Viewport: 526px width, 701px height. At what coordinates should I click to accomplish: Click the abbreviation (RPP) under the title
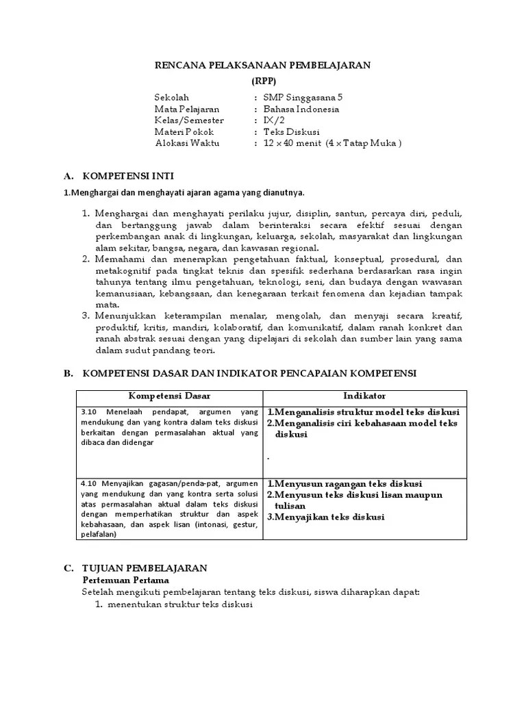262,80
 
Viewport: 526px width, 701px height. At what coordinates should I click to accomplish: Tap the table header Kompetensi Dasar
170,396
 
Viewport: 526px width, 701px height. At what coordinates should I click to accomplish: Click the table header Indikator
364,396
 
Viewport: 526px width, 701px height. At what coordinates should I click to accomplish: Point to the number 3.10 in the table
90,412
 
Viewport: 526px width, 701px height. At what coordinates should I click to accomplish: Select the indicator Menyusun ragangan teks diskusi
348,483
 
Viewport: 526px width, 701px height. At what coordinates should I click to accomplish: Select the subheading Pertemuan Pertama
121,580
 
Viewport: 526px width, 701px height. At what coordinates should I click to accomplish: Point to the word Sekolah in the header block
172,98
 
